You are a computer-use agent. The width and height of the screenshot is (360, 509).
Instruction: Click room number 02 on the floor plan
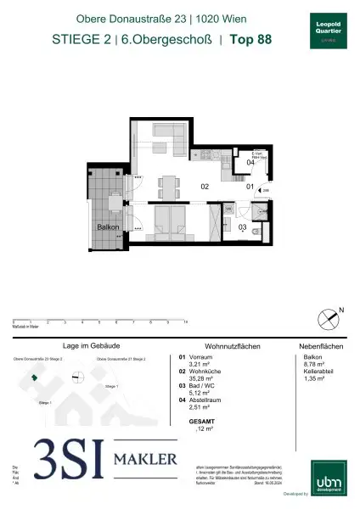pos(205,185)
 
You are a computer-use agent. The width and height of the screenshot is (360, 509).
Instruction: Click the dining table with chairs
pos(166,182)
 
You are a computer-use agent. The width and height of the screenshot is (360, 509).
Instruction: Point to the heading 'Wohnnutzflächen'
pos(223,346)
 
